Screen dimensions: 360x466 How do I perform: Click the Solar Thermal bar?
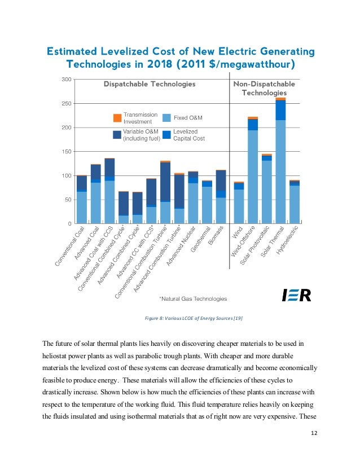coord(280,160)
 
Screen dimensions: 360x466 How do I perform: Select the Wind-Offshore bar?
coord(253,170)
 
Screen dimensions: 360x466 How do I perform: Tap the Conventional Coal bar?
coord(82,199)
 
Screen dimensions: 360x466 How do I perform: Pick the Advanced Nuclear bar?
coord(193,197)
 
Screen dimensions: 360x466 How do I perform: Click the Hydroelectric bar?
coord(295,202)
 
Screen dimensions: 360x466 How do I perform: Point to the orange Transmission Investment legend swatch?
coord(117,118)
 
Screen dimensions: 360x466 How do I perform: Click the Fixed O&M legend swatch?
coord(167,118)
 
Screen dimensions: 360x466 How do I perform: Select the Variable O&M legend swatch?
coord(117,135)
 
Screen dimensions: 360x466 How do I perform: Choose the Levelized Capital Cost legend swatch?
coord(167,135)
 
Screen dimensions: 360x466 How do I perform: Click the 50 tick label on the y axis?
coord(68,200)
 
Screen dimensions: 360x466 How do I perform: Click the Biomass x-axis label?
coord(216,236)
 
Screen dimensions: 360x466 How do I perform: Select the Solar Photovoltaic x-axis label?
coord(254,245)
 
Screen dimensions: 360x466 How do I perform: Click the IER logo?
coord(296,295)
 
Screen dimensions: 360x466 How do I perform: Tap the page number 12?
coord(314,433)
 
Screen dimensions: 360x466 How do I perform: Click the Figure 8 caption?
coord(194,318)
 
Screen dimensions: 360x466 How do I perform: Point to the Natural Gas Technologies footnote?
coord(193,298)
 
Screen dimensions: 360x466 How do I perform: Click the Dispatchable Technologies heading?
coord(150,84)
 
